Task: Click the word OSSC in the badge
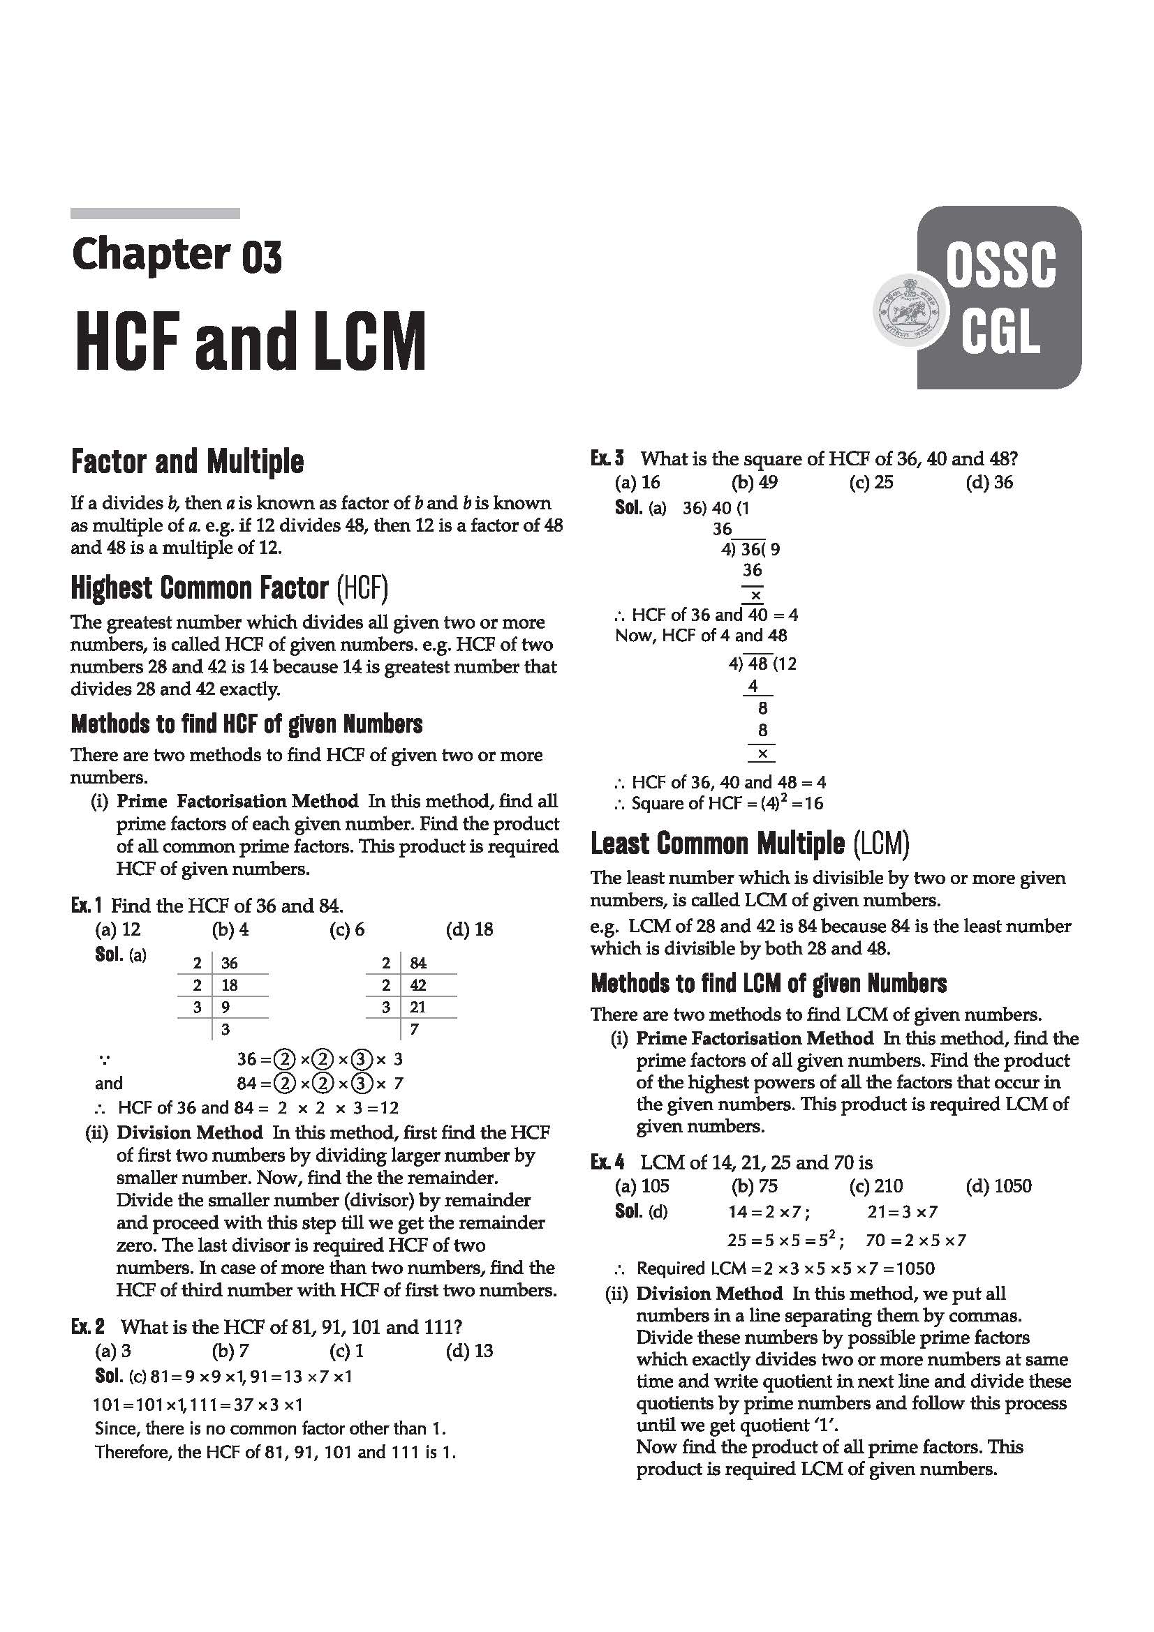[1000, 266]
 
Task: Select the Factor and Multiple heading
[187, 462]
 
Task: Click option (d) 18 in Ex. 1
[469, 929]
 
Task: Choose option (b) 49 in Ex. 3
[755, 483]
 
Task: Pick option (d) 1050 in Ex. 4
[998, 1186]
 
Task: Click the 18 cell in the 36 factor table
[229, 986]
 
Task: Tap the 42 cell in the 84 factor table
[418, 986]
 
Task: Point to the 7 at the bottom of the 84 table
[415, 1029]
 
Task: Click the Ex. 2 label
[87, 1327]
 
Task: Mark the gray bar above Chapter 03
[155, 214]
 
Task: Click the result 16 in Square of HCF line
[811, 804]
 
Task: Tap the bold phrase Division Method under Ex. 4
[709, 1294]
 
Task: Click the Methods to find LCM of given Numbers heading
[769, 984]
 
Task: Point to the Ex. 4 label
[607, 1163]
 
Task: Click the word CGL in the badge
[1000, 333]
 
